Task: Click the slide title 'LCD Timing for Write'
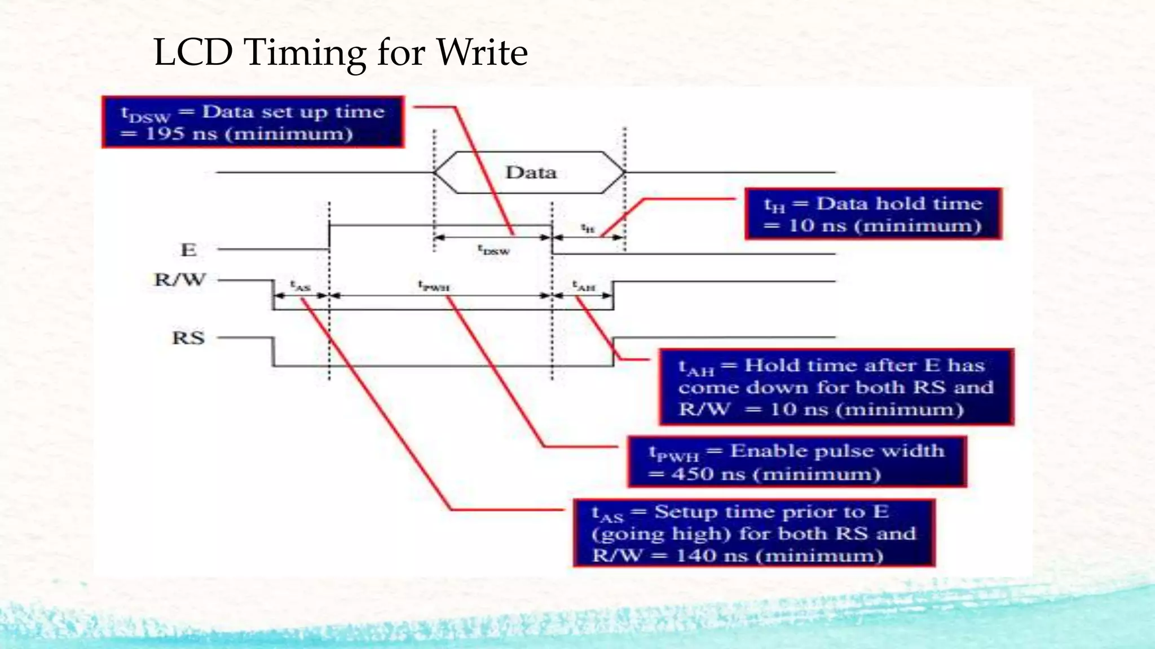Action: pos(340,52)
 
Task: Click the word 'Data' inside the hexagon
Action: pos(531,172)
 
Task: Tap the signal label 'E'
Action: pos(188,250)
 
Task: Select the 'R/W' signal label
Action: pos(180,279)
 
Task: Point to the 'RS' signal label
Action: pos(188,338)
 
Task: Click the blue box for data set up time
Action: pos(253,122)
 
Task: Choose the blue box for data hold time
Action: pos(872,214)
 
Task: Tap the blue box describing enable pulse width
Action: pos(796,462)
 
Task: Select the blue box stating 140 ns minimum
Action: pos(753,533)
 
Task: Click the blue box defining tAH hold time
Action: pos(836,387)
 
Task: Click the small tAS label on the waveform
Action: pos(300,286)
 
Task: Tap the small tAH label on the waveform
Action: pos(584,286)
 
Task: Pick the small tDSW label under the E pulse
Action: pos(493,250)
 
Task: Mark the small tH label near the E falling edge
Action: pos(588,228)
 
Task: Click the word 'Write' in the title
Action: pos(482,52)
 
